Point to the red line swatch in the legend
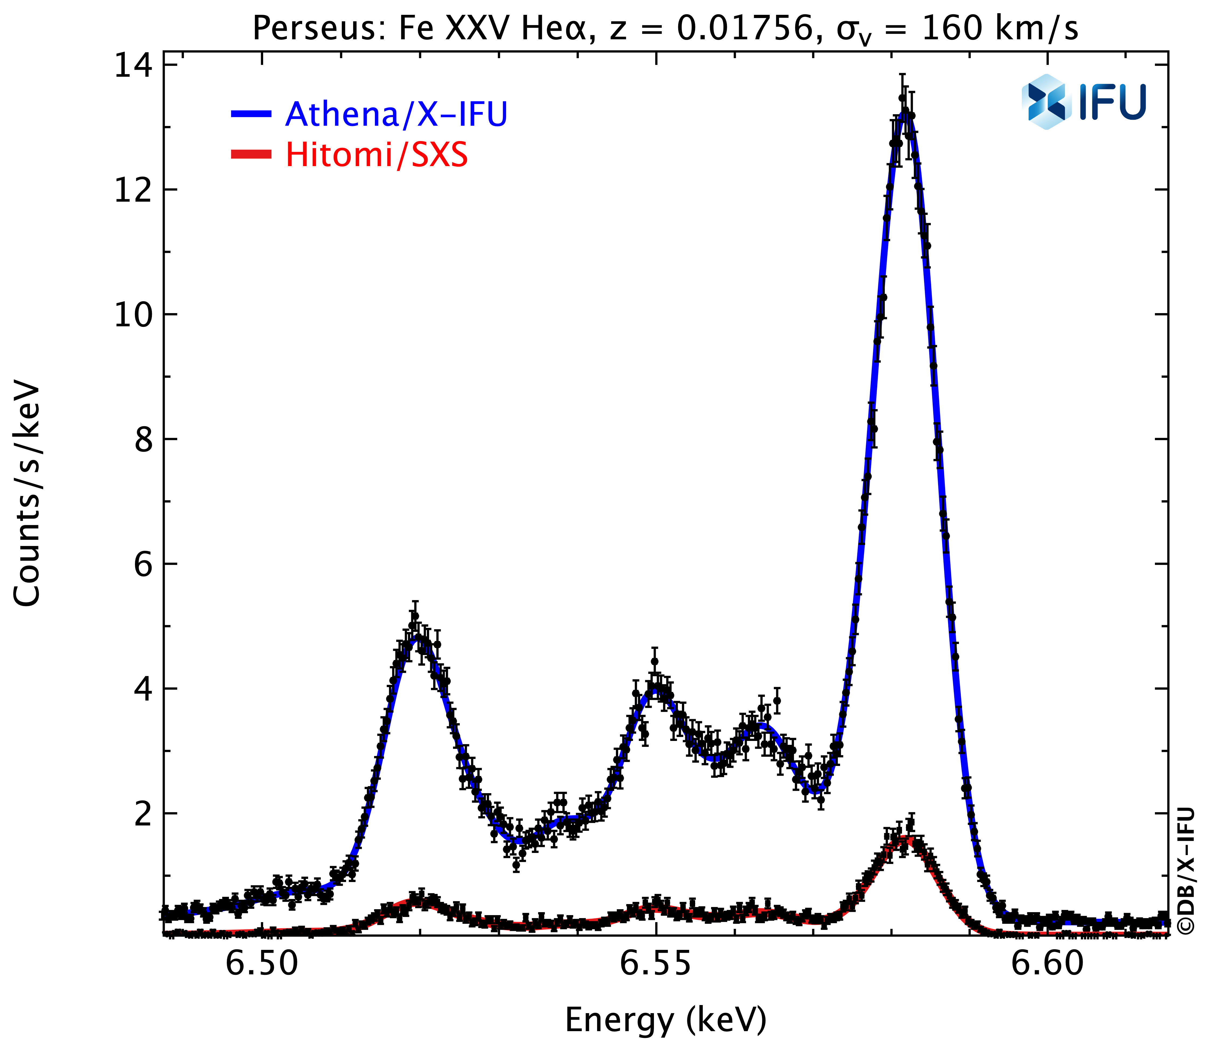251,155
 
